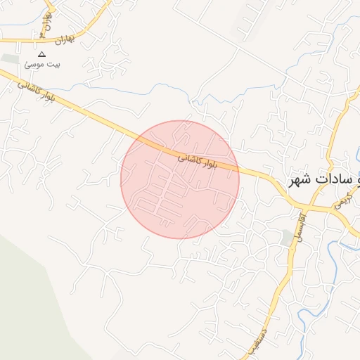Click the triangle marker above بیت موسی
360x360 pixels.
tap(41, 54)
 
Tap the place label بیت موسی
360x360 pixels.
tap(43, 65)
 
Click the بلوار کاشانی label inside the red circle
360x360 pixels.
tap(196, 161)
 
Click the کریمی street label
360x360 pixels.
tap(341, 202)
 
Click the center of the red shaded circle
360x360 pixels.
tap(180, 179)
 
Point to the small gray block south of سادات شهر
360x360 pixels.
tap(286, 238)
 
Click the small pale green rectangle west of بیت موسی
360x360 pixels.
tap(8, 58)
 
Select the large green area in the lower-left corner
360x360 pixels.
tap(28, 295)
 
